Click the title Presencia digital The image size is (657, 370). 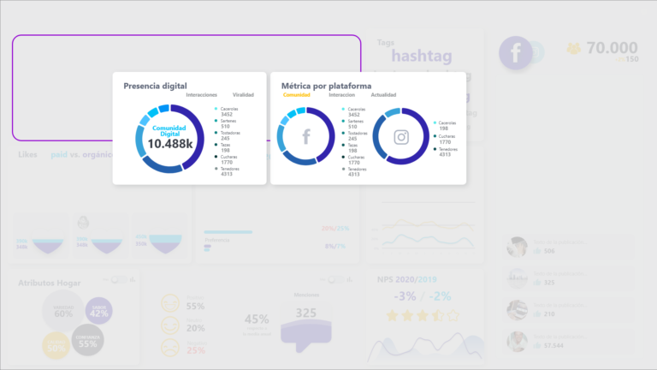pyautogui.click(x=155, y=86)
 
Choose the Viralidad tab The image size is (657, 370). pyautogui.click(x=243, y=95)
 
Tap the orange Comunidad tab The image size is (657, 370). pyautogui.click(x=296, y=95)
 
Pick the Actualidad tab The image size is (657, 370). pyautogui.click(x=384, y=95)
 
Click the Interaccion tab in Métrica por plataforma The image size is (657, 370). pyautogui.click(x=341, y=95)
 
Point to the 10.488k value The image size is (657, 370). pyautogui.click(x=169, y=144)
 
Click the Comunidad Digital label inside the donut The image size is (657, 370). pyautogui.click(x=169, y=129)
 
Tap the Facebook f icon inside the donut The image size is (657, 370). pyautogui.click(x=306, y=136)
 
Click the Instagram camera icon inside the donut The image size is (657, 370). pyautogui.click(x=400, y=136)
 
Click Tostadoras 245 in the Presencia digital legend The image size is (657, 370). pyautogui.click(x=229, y=135)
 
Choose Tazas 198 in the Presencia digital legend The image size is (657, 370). pyautogui.click(x=228, y=147)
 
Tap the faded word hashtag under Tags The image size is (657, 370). pyautogui.click(x=420, y=57)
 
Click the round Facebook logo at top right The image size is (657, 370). pyautogui.click(x=517, y=52)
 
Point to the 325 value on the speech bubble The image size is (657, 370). pyautogui.click(x=305, y=313)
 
